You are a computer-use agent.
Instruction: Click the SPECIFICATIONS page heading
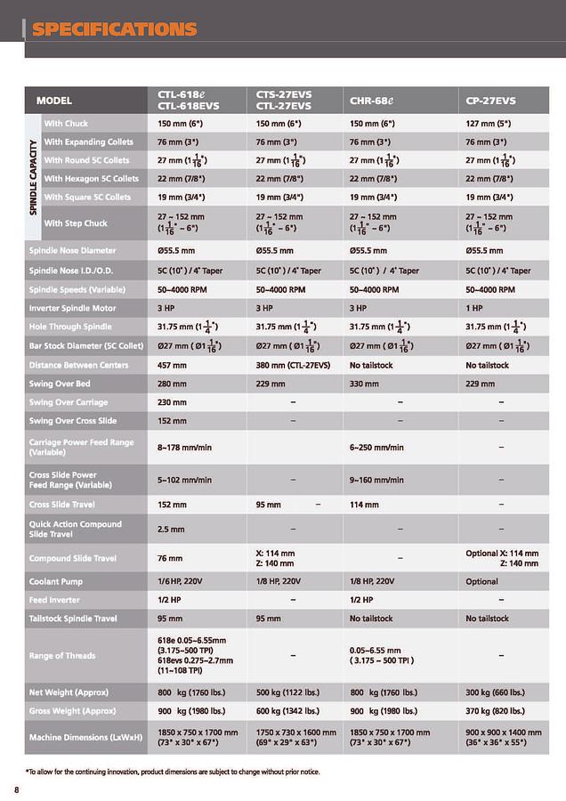[114, 29]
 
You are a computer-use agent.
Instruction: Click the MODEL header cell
[54, 101]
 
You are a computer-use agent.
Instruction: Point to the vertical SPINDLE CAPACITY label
[33, 173]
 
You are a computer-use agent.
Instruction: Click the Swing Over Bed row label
[60, 384]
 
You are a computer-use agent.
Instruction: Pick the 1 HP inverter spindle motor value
[478, 308]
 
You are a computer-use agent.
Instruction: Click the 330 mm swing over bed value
[365, 384]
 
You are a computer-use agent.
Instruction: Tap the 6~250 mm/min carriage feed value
[376, 447]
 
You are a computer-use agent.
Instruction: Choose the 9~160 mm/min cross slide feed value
[376, 480]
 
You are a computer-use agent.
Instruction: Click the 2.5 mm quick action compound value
[171, 529]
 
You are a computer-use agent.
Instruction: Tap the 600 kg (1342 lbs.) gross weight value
[290, 712]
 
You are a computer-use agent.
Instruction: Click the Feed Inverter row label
[55, 600]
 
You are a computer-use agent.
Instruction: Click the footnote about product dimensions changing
[172, 771]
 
